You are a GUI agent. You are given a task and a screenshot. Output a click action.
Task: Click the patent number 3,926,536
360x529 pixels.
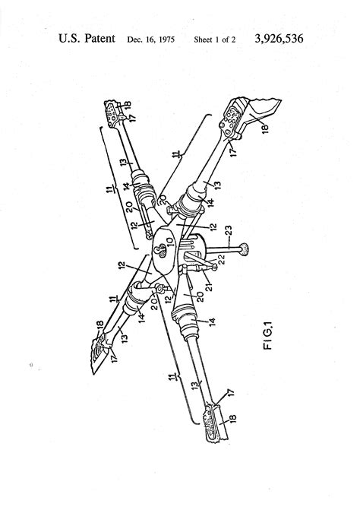279,39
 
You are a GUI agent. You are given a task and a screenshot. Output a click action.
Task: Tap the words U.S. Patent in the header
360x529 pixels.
87,39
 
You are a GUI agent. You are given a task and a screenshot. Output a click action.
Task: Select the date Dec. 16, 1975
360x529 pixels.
150,40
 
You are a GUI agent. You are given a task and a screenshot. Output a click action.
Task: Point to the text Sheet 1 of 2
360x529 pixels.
215,40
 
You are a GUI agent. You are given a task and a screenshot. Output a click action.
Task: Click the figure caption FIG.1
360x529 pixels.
268,335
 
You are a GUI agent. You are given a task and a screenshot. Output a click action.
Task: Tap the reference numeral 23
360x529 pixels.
228,232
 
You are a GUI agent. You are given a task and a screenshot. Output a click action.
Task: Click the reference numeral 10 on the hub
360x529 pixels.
169,242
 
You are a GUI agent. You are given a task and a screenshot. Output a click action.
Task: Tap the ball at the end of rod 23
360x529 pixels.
244,249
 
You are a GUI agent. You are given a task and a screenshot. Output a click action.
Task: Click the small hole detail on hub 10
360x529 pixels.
159,251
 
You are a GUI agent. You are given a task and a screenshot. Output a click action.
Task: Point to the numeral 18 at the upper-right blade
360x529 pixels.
264,128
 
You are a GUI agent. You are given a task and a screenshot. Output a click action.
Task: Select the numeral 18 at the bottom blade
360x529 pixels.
232,419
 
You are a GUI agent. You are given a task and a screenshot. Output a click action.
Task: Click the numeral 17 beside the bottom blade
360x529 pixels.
230,394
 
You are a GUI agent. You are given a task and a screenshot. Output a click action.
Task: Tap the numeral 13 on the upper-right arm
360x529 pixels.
217,185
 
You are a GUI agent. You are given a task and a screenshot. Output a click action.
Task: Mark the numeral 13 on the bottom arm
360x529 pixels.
194,385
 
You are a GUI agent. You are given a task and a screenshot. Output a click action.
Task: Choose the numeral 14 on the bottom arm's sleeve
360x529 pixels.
212,322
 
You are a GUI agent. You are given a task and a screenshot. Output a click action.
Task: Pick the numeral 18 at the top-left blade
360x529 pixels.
127,104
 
